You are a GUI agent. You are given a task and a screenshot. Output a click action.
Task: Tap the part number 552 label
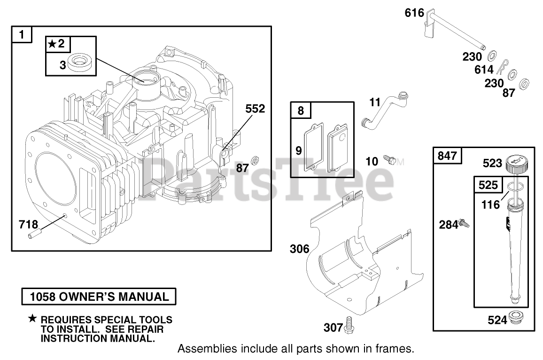point(255,109)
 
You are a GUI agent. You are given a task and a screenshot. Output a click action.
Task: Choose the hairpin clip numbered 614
point(503,66)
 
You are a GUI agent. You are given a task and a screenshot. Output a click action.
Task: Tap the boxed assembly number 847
point(447,156)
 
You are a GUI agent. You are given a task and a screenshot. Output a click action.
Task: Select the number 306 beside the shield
point(299,249)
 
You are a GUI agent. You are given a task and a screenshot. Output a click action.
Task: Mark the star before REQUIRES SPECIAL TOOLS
point(32,319)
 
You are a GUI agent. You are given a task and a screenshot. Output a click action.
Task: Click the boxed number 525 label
point(488,185)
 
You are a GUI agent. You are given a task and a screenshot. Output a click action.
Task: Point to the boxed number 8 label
point(301,111)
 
